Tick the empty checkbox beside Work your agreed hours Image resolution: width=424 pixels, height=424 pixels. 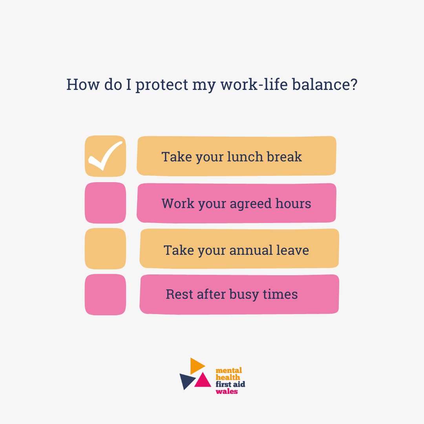point(105,203)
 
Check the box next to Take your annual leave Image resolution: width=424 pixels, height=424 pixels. point(105,249)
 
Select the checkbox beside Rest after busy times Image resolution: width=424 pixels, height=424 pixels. point(105,294)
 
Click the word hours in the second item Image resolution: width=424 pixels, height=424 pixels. point(292,203)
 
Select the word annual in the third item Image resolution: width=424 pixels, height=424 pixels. point(252,250)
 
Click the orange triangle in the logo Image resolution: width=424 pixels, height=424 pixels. point(196,366)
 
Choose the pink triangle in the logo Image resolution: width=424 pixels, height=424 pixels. point(203,380)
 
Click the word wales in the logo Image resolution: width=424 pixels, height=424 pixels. point(227,391)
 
